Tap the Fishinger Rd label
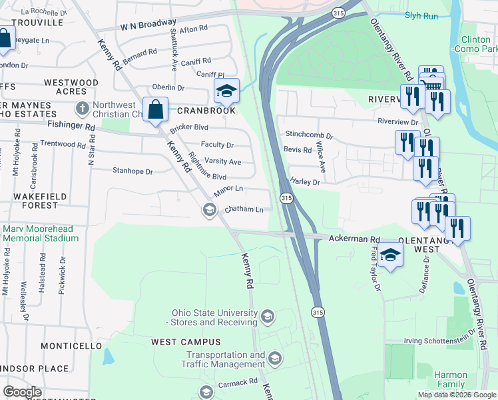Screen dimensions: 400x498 [71, 125]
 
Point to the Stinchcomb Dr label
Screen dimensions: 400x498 [308, 135]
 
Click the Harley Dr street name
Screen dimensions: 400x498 [305, 181]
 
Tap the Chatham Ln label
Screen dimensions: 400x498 [244, 209]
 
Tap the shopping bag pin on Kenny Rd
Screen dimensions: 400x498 [155, 109]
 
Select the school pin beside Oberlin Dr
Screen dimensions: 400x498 [226, 91]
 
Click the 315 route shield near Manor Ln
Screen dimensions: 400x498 [286, 199]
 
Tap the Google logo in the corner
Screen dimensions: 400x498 [22, 392]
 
